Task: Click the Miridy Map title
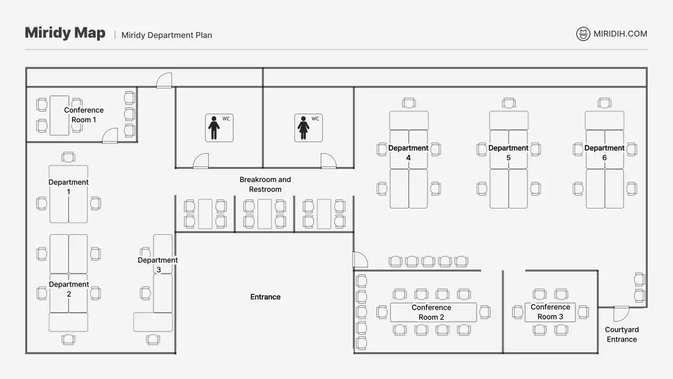point(65,33)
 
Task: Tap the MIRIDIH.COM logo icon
point(583,34)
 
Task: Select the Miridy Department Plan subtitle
point(167,35)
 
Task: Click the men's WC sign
point(219,128)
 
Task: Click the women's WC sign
point(308,128)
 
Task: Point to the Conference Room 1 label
point(84,115)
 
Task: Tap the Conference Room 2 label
point(431,312)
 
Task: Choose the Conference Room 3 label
point(550,312)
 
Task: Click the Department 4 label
point(409,153)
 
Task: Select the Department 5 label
point(508,153)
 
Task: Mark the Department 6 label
point(605,153)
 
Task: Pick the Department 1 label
point(68,187)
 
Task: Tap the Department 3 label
point(158,265)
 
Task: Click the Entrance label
point(265,297)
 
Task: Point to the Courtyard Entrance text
point(621,334)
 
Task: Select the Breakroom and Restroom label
point(265,184)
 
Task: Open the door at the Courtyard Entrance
point(621,313)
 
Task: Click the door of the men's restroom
point(201,162)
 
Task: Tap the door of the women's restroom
point(328,162)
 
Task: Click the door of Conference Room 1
point(110,136)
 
